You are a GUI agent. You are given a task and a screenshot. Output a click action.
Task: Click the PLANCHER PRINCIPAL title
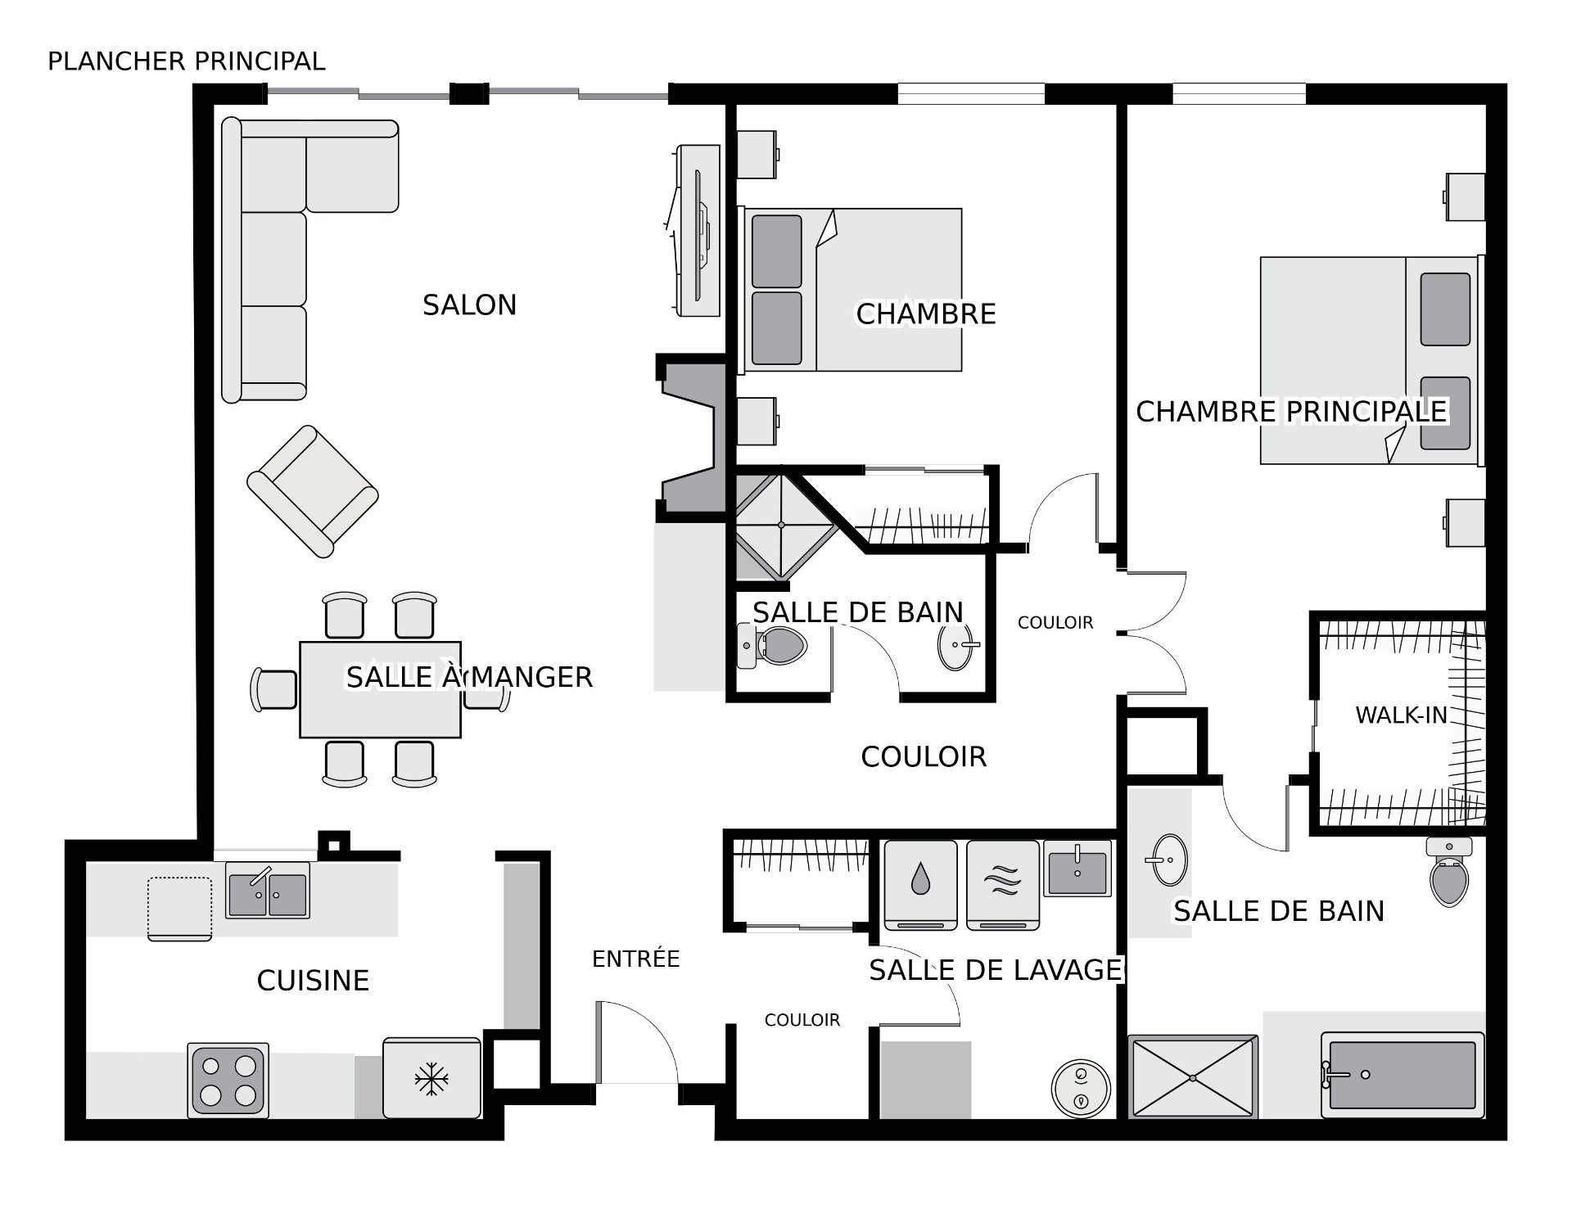[187, 61]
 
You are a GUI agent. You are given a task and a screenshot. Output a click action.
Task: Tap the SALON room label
[469, 305]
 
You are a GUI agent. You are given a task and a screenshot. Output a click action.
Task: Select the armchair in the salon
[313, 491]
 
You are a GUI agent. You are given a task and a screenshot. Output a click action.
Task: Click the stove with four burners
[228, 1081]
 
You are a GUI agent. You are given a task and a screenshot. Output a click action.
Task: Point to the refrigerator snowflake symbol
[431, 1079]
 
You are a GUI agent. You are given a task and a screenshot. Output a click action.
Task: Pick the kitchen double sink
[268, 891]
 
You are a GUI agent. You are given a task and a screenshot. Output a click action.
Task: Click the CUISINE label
[313, 980]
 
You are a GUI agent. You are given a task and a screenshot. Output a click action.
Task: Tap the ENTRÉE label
[636, 959]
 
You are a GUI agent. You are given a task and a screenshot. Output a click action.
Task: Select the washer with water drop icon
[921, 885]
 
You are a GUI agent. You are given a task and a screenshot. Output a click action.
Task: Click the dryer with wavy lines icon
[1003, 885]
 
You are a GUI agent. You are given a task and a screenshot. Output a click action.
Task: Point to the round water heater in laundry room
[1081, 1088]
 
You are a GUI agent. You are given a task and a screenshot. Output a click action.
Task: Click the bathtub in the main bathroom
[1403, 1075]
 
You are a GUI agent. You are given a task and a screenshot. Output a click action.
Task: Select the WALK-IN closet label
[1402, 715]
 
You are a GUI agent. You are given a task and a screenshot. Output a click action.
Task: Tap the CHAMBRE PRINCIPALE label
[1291, 412]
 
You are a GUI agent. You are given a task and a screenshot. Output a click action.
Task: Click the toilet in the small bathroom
[772, 646]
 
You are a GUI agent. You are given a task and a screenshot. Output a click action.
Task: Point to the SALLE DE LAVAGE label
[996, 970]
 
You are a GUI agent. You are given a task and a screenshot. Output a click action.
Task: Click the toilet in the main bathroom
[1449, 871]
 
